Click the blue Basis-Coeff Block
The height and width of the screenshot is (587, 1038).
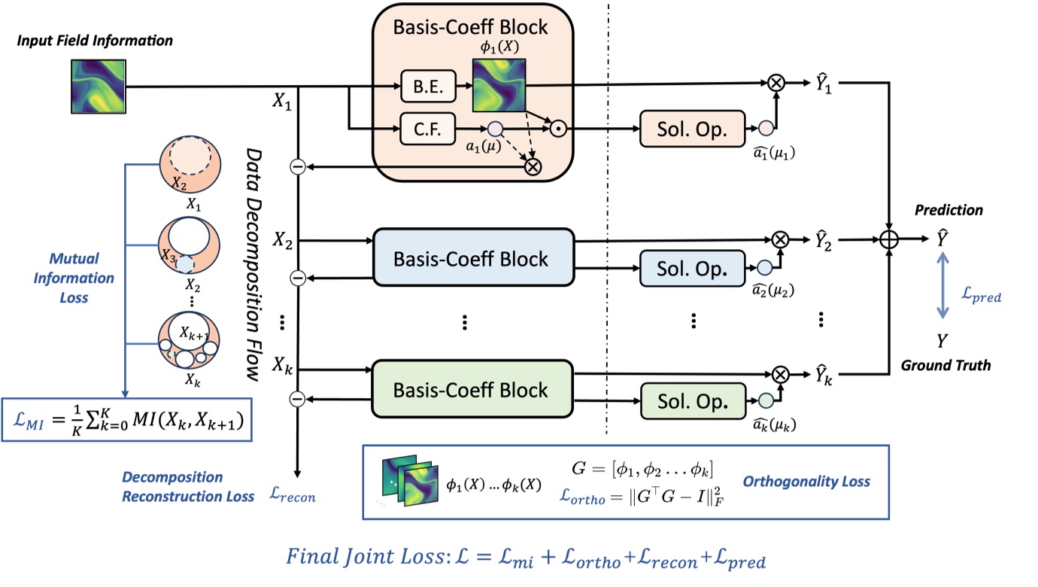click(473, 259)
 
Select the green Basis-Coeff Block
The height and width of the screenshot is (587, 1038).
click(473, 390)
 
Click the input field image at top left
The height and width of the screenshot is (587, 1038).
click(99, 87)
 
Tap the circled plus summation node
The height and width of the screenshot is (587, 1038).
click(890, 239)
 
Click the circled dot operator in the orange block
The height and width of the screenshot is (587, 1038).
click(557, 129)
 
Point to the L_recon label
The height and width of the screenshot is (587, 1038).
click(293, 496)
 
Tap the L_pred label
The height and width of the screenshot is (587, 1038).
click(982, 297)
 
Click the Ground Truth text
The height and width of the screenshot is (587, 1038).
click(945, 366)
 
